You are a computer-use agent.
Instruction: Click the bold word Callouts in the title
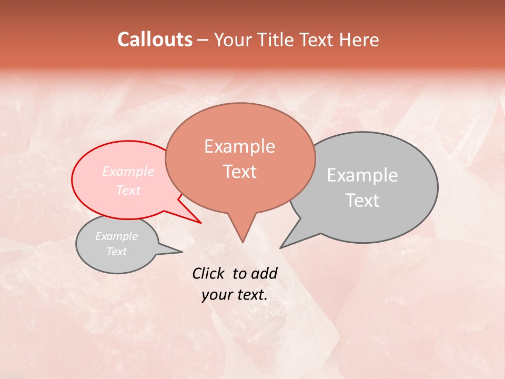pos(155,39)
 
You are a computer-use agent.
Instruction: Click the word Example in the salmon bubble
pos(240,146)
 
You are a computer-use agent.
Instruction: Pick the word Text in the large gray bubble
pos(362,201)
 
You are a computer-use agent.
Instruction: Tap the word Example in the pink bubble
pos(128,172)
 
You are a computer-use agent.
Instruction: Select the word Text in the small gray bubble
pos(117,252)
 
